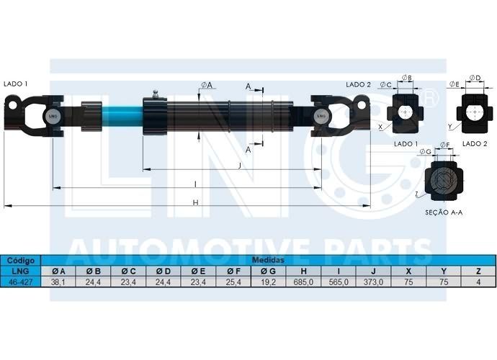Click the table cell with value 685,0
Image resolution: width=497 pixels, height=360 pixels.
(x=303, y=282)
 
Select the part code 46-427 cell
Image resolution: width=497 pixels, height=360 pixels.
(x=21, y=282)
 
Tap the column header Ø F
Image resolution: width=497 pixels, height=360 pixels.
(x=233, y=271)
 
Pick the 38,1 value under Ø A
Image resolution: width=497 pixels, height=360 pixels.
(x=58, y=282)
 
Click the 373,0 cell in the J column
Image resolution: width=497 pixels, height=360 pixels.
(x=373, y=282)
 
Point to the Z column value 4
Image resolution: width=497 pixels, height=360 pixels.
(x=478, y=282)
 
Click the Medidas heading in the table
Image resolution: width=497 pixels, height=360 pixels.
(x=268, y=260)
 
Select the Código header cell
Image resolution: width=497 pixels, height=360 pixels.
(x=21, y=261)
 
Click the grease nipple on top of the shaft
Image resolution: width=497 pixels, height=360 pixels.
(x=156, y=94)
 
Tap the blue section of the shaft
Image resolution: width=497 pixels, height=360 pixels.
(x=122, y=117)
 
